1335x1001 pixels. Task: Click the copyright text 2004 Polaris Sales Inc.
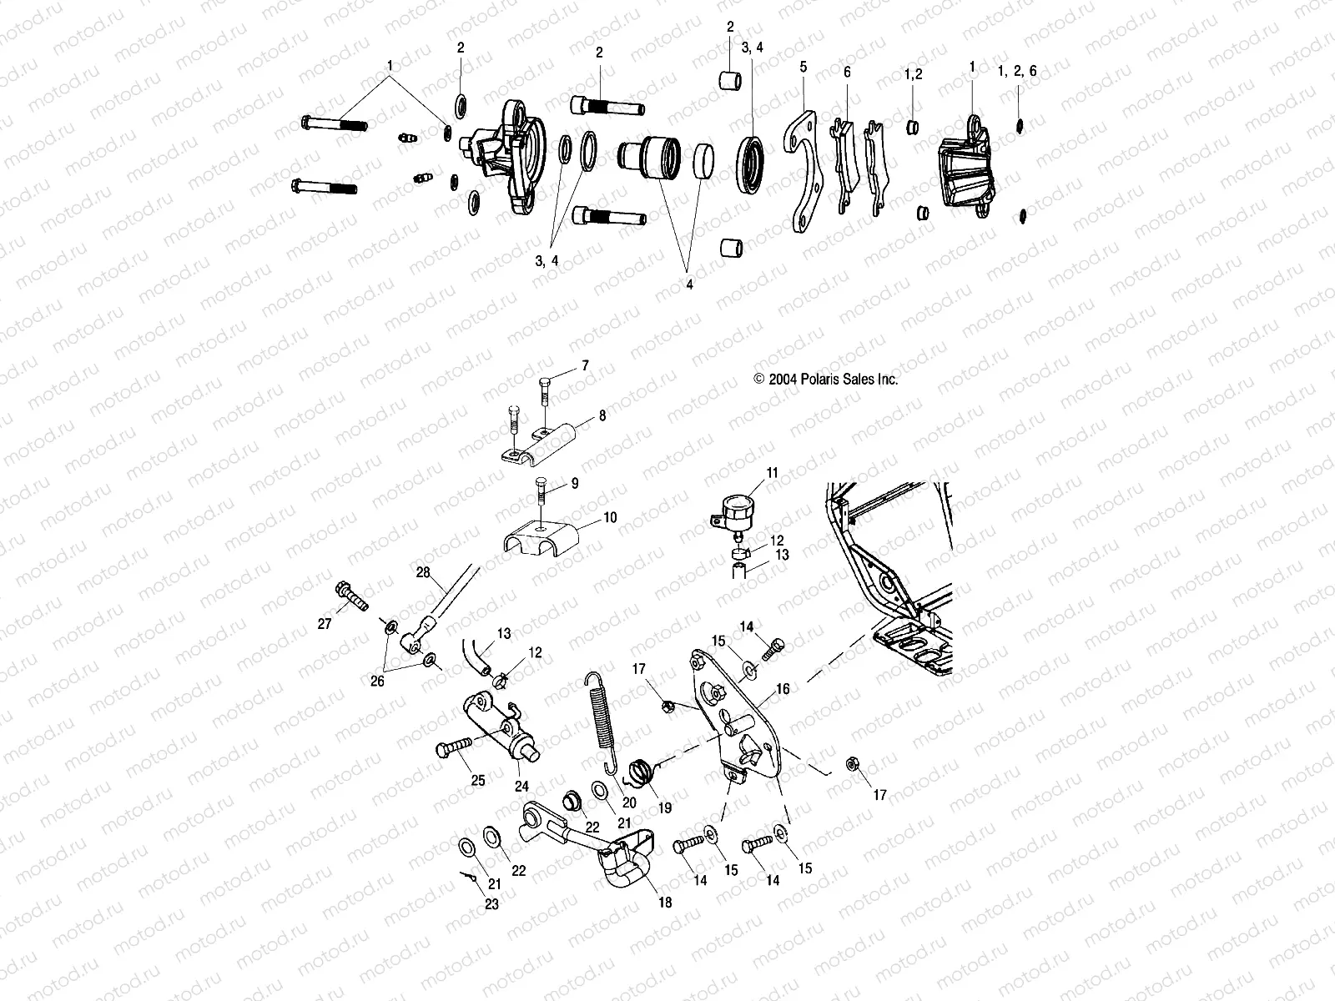826,379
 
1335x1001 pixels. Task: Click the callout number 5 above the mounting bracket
804,65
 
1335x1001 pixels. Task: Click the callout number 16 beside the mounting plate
783,690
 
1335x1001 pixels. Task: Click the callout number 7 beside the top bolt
585,365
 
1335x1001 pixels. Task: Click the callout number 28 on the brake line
422,571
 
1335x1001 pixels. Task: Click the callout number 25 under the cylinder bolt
478,781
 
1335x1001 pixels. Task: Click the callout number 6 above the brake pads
847,73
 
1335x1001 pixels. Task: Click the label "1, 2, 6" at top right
1017,72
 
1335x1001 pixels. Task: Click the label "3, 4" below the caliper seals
547,260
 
